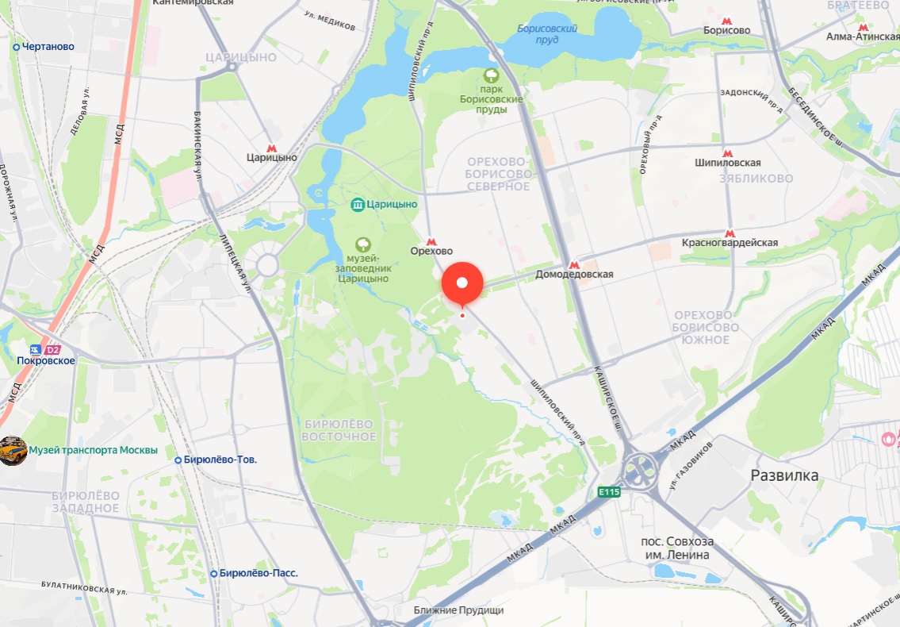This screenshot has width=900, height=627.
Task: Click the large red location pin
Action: point(462,283)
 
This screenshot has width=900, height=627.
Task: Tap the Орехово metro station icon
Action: point(431,241)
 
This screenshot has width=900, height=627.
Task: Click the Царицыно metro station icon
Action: point(271,148)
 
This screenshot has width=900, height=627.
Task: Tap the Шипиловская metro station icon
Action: point(727,153)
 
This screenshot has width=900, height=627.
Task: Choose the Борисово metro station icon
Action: point(726,21)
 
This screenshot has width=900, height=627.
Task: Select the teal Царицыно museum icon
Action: point(358,205)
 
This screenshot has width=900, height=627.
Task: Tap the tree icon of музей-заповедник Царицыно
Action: point(362,243)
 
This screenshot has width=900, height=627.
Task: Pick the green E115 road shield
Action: point(609,492)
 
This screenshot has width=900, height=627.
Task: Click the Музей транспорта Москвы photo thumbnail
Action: point(13,451)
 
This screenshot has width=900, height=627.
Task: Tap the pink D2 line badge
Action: point(52,349)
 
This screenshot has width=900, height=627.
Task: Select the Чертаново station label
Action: point(48,47)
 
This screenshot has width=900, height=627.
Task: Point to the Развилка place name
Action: point(784,475)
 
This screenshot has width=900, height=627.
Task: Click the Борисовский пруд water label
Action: point(547,34)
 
